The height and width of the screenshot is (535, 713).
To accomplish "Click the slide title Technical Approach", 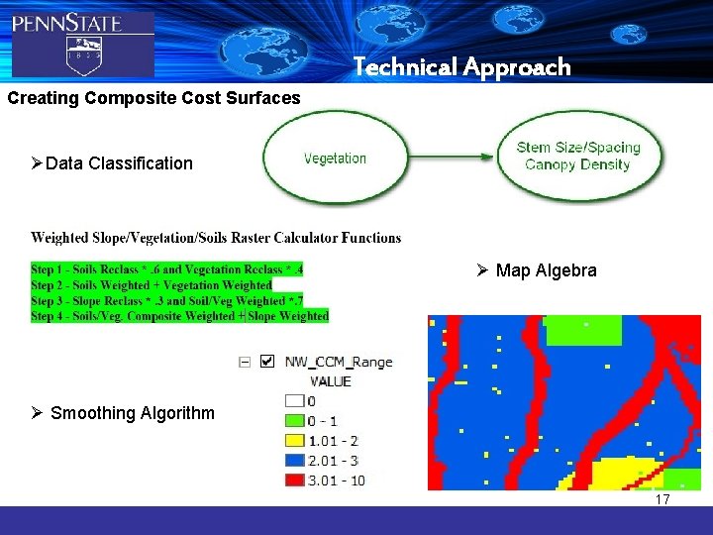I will pos(462,67).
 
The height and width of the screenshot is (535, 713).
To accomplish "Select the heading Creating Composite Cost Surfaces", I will pos(153,98).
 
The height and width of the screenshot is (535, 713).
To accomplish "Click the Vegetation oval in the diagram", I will pos(335,159).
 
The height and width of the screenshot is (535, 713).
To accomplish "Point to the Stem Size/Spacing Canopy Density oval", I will pos(578,156).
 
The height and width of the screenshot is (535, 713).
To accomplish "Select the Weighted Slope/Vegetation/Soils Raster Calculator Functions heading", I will pos(216,238).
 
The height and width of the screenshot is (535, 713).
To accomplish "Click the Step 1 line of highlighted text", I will pos(166,269).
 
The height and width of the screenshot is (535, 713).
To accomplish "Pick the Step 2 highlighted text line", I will pos(151,285).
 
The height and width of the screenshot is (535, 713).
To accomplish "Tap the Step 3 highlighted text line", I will pos(166,301).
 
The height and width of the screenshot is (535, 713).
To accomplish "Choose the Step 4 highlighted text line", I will pos(179,316).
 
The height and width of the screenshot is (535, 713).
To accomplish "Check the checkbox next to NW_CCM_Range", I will pos(266,362).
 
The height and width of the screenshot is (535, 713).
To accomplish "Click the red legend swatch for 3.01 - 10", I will pos(294,481).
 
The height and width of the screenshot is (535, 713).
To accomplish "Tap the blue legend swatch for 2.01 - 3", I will pos(294,461).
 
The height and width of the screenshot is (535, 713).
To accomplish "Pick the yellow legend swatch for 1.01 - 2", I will pos(294,441).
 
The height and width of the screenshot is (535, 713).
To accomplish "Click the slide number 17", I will pos(662,499).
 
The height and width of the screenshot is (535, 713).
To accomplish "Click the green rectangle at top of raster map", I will pos(583,329).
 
